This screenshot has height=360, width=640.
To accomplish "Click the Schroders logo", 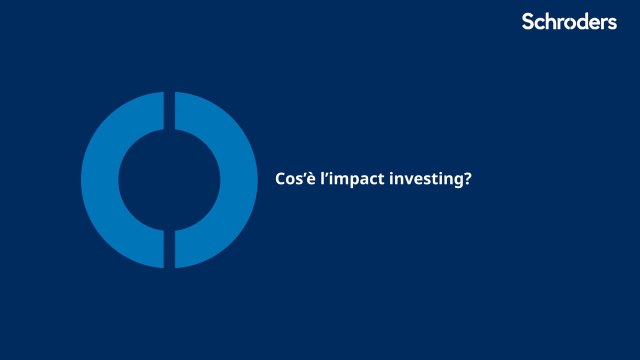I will (569, 22).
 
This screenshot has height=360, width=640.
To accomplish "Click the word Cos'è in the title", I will (294, 179).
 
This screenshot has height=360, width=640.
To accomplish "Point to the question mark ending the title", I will (467, 179).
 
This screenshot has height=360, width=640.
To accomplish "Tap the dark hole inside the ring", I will (170, 180).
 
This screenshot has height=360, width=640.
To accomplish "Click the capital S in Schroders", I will (528, 22).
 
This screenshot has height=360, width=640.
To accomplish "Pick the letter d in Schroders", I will (586, 22).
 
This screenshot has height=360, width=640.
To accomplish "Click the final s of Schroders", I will (612, 23).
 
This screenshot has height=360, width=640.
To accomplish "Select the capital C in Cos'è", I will (280, 179).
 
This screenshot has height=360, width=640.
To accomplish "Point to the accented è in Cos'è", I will (309, 179).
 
